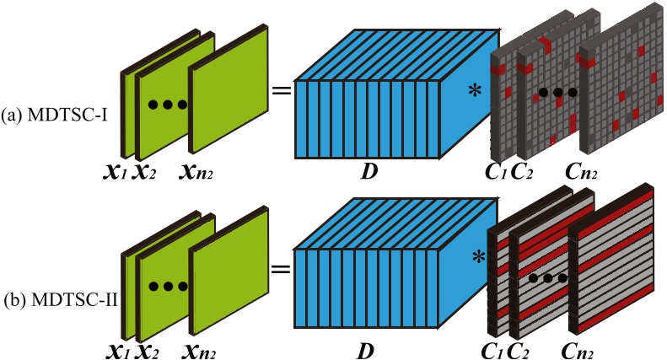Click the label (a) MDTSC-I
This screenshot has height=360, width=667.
[55, 116]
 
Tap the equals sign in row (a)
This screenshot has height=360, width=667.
[282, 91]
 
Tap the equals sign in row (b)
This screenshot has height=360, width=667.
[281, 268]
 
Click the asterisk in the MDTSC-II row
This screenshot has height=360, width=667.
[479, 257]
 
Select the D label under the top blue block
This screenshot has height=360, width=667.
[368, 171]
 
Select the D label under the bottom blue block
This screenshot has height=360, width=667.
[365, 351]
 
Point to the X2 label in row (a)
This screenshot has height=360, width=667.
[145, 173]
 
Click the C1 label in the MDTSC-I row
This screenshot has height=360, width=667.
[496, 171]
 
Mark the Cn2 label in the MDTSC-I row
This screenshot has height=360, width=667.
[581, 171]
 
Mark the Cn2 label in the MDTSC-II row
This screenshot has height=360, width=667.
[578, 351]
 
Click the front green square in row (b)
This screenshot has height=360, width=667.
[229, 271]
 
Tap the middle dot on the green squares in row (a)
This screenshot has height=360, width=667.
[168, 105]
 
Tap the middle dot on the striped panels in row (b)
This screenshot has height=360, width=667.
[548, 279]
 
